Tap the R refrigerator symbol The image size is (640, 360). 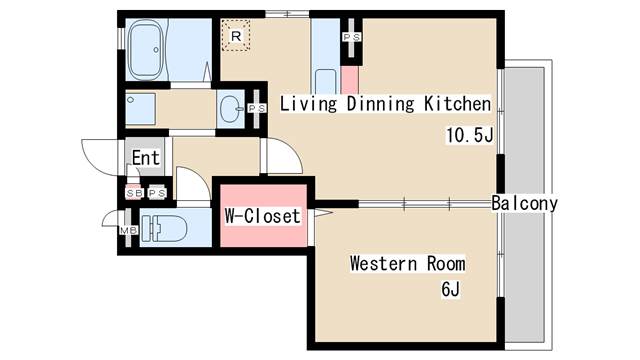[x=235, y=37]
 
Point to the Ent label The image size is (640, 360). [x=146, y=157]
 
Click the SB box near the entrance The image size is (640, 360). [x=133, y=192]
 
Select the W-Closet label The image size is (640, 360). [x=262, y=215]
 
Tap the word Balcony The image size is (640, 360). [x=524, y=203]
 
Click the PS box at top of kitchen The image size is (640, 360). [x=352, y=38]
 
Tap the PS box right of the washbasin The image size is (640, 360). [x=255, y=108]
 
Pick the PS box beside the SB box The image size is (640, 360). [x=156, y=192]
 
